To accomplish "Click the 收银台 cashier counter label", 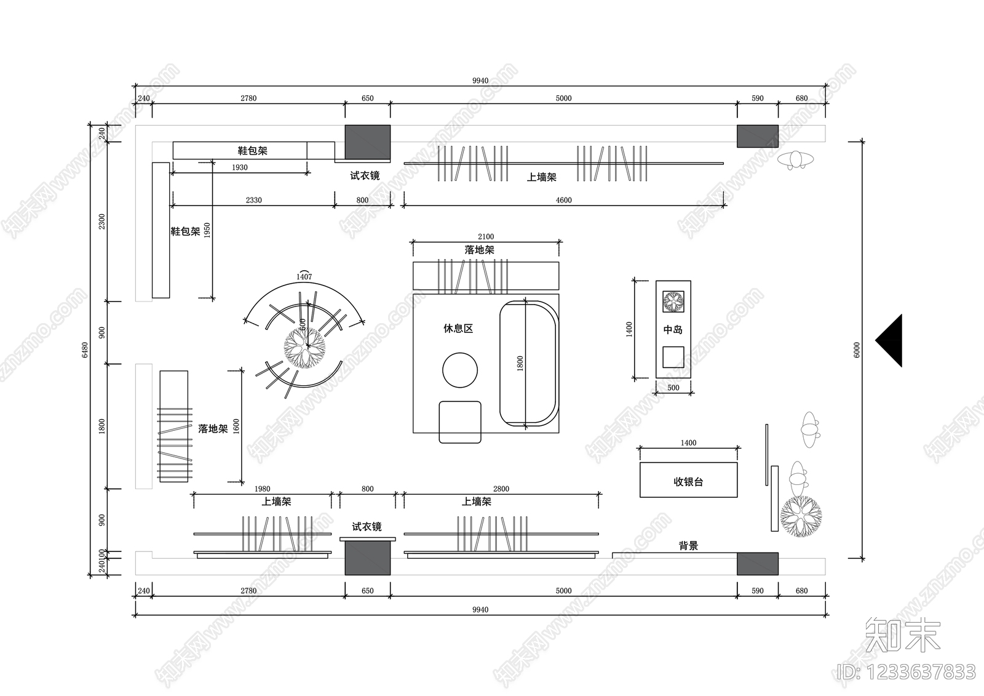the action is tap(688, 482).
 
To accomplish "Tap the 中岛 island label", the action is tap(673, 330).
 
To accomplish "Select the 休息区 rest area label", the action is tap(458, 329).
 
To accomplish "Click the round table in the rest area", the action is tap(460, 370).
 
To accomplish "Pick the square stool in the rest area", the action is tap(460, 422).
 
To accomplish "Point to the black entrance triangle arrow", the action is tap(889, 340).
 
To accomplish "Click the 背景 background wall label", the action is tap(688, 546).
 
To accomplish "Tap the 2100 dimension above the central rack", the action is tap(486, 236).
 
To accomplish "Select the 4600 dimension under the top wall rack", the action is tap(563, 200).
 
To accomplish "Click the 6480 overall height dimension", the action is tap(85, 350).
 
